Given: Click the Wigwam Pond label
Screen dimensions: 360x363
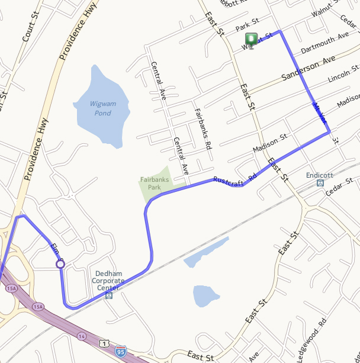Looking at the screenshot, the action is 101,108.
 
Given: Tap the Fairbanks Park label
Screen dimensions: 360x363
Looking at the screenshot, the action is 150,183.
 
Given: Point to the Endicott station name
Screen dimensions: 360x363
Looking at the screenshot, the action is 320,175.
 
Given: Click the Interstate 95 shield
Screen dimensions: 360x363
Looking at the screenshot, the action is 120,353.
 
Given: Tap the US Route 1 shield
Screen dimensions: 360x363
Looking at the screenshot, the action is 104,343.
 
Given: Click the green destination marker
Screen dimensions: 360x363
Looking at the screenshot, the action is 251,40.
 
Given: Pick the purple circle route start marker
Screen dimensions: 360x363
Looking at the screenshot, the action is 60,264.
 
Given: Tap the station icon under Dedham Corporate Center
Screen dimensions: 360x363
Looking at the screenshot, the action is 108,294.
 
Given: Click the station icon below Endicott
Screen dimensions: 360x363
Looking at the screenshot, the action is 320,184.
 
